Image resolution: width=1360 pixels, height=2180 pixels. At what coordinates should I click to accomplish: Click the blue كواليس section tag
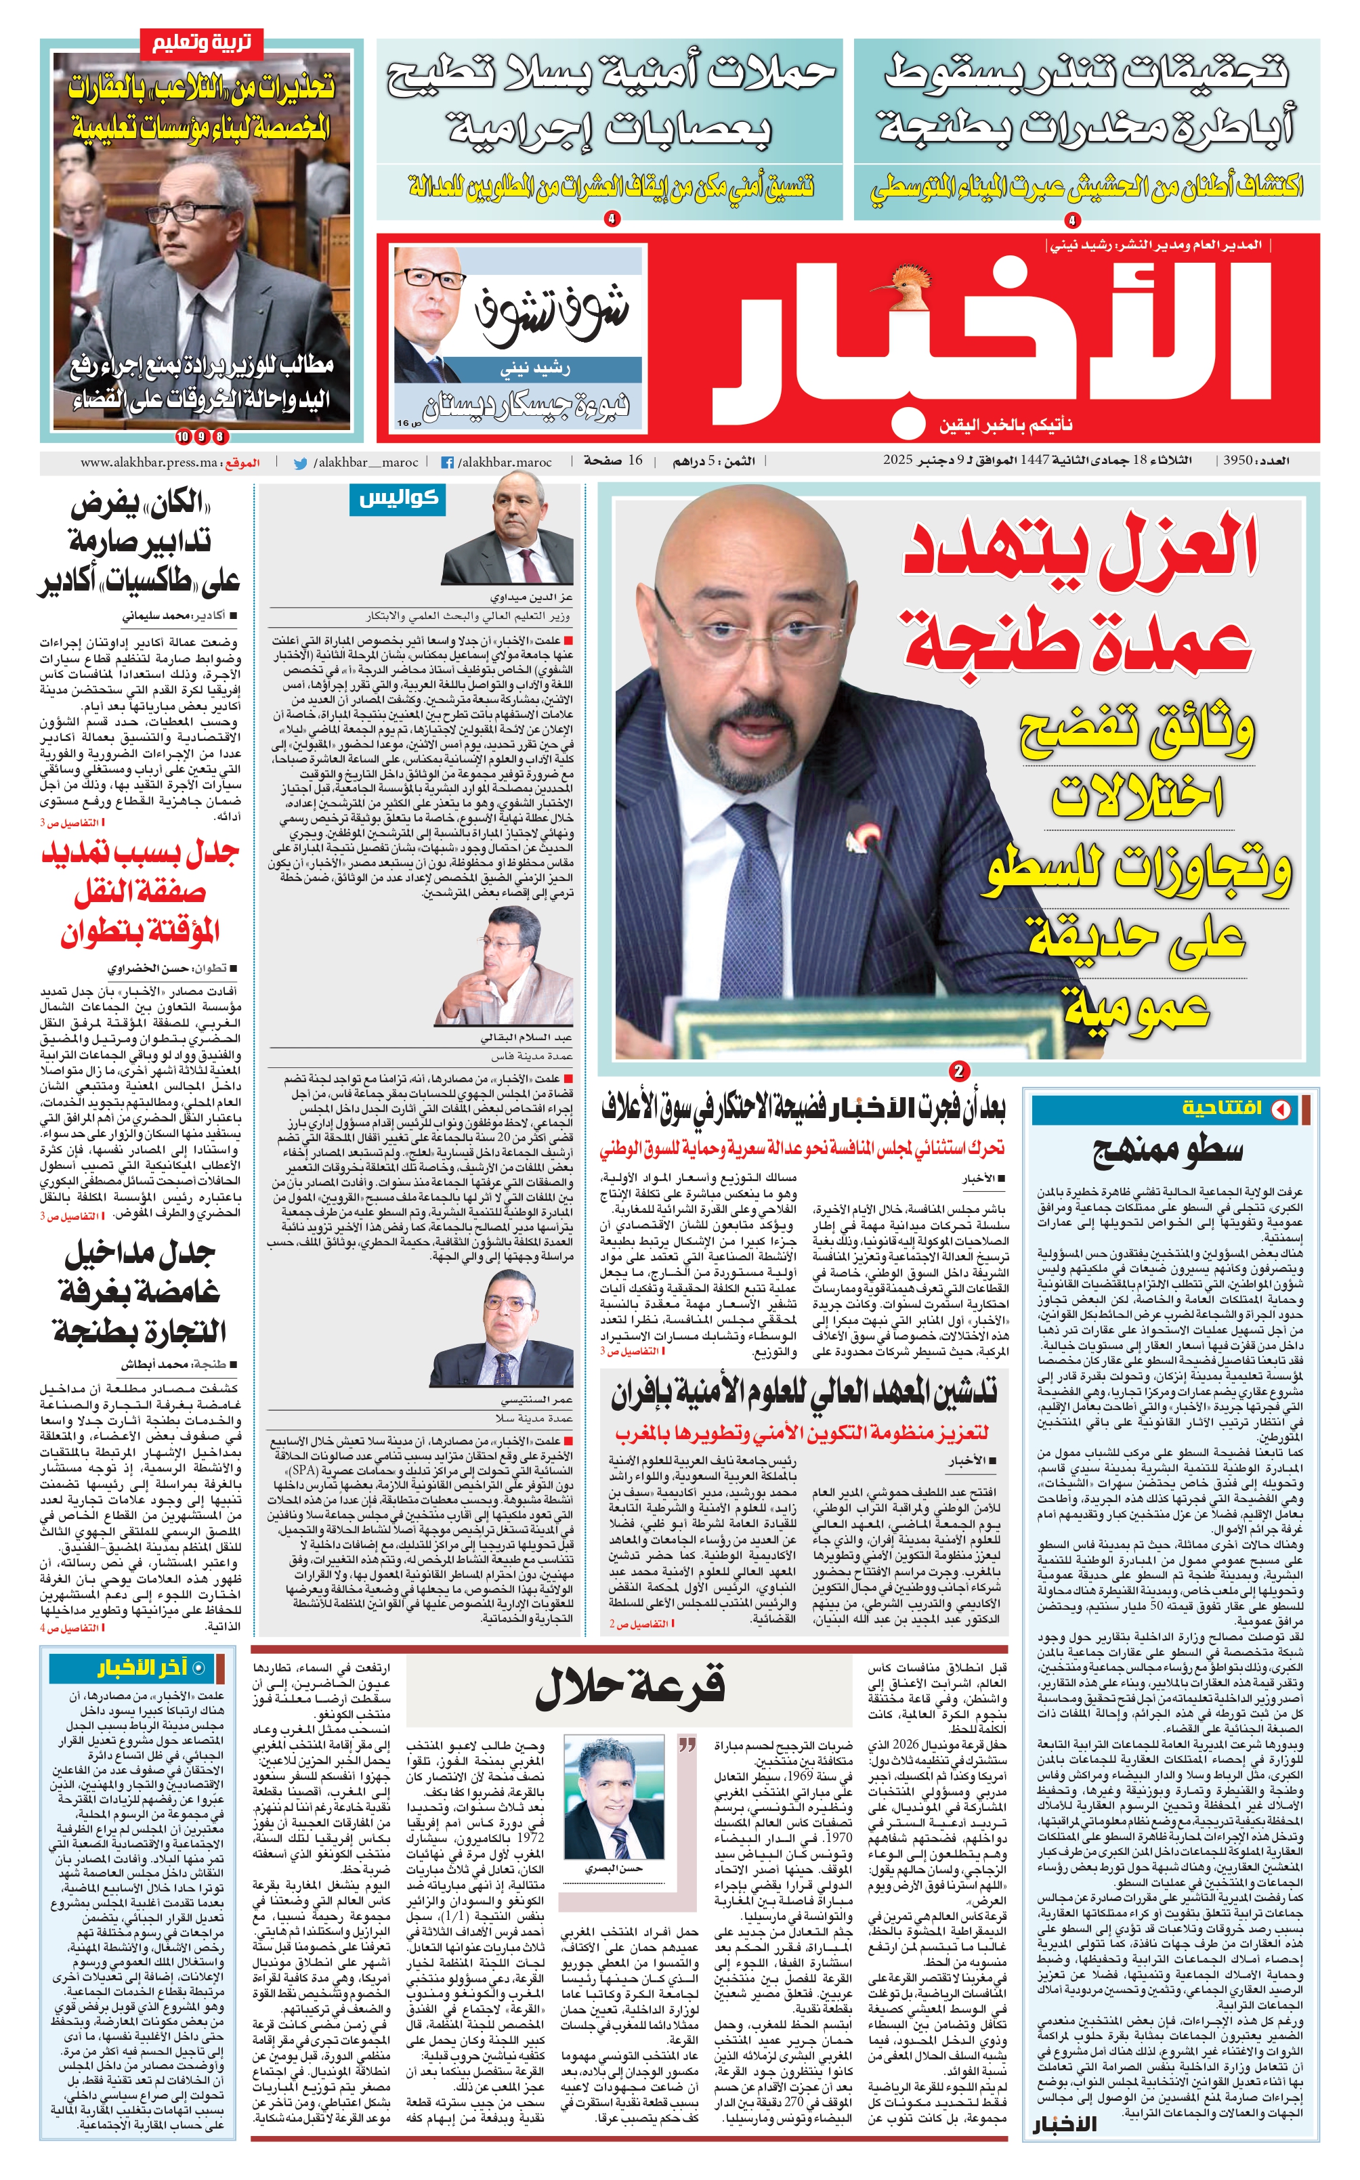click(x=398, y=498)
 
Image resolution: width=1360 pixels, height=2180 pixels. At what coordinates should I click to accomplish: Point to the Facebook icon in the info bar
click(x=447, y=463)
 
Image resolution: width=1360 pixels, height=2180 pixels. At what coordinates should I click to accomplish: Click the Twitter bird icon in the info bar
click(x=301, y=463)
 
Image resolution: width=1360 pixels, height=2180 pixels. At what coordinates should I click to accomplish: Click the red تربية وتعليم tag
click(x=200, y=41)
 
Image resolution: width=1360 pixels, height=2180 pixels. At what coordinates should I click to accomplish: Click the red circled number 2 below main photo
click(x=959, y=1070)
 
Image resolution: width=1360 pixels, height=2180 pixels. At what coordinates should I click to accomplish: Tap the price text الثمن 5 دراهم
click(x=715, y=461)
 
